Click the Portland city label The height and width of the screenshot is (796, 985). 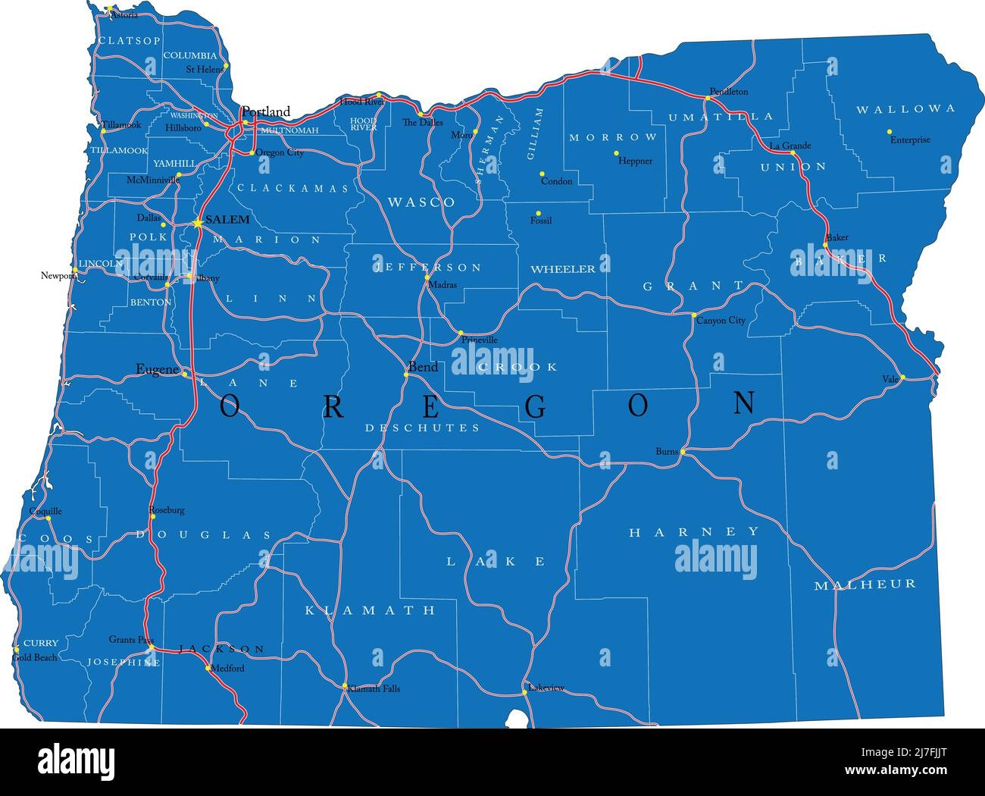(265, 111)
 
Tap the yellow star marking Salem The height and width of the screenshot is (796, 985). (197, 222)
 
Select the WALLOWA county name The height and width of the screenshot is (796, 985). (905, 109)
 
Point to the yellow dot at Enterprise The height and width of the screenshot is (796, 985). (890, 131)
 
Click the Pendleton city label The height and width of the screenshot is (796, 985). (728, 92)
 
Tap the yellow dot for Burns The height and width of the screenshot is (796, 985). (682, 452)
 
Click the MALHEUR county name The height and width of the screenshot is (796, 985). (865, 584)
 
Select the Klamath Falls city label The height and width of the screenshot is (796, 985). (375, 689)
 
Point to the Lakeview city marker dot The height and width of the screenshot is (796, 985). (524, 691)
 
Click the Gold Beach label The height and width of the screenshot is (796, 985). (35, 658)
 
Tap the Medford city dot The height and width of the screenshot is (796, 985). (208, 668)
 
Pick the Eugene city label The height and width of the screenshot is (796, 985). (157, 369)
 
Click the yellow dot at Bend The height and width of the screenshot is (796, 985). (406, 374)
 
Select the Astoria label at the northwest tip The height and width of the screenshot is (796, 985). (125, 15)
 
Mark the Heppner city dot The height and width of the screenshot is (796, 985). (616, 153)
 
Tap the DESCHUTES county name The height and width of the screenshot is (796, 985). (422, 428)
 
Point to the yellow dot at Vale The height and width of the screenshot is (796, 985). (902, 377)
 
